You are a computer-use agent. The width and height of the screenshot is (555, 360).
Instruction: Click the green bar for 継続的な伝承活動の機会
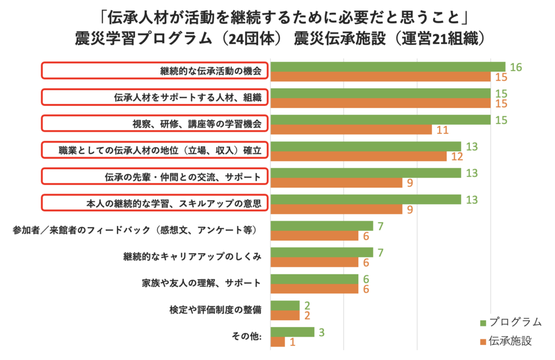click(388, 67)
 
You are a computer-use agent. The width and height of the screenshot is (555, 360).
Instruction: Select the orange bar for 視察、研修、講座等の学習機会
click(351, 130)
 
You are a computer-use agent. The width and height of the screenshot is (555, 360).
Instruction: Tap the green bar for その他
click(292, 332)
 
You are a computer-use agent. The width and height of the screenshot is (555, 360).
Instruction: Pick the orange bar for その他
click(277, 342)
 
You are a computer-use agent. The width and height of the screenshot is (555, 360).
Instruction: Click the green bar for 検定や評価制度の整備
click(285, 305)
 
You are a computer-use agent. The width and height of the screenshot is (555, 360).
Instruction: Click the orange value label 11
click(442, 130)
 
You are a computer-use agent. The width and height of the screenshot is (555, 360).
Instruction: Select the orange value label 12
click(457, 157)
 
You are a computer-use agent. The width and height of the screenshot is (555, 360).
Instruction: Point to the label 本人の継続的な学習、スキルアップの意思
click(156, 204)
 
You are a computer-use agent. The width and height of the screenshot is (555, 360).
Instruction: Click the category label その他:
click(247, 337)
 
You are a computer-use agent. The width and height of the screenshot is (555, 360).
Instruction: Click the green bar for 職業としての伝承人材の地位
click(366, 146)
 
